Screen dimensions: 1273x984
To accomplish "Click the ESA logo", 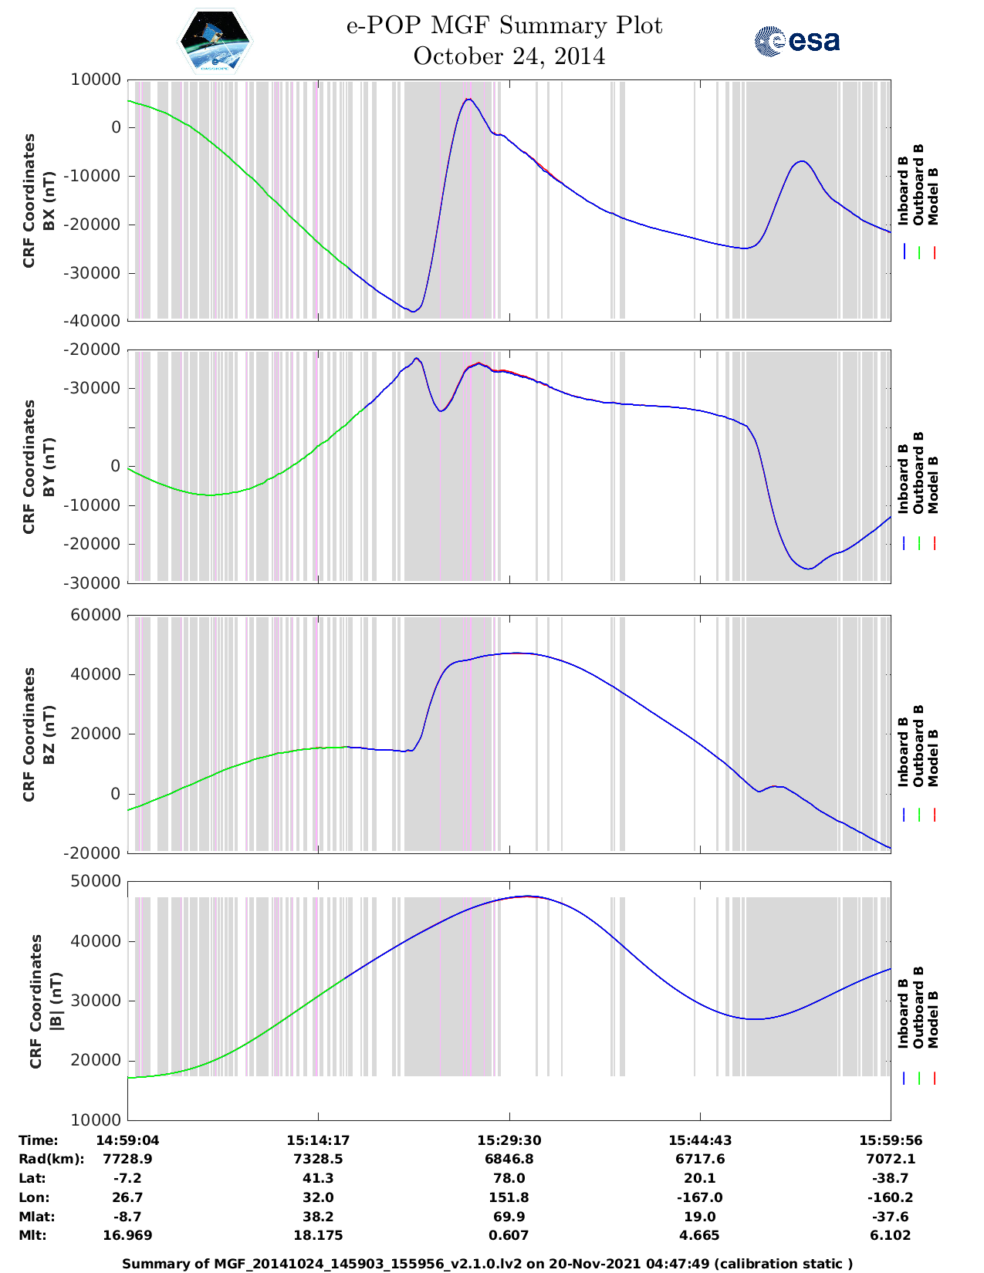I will (796, 41).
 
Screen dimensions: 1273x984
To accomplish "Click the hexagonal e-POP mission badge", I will (215, 41).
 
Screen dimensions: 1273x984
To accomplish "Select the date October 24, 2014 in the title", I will (509, 56).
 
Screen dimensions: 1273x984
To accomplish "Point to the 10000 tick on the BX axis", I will (96, 79).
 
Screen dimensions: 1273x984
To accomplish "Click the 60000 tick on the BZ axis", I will (96, 615).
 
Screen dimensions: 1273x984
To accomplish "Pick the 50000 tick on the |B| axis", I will (96, 881).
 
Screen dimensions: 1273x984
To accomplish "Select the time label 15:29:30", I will (509, 1140).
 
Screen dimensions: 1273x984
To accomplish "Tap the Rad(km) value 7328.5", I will (318, 1159).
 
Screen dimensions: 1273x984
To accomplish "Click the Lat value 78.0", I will (509, 1178).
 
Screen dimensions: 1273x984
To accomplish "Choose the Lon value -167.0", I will (700, 1197).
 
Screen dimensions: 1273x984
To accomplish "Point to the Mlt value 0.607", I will (509, 1235).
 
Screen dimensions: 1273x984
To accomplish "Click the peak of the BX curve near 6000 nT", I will (468, 99).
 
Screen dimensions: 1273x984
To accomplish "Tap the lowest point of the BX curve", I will (414, 311).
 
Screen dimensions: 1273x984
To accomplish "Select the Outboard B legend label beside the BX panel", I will (918, 185).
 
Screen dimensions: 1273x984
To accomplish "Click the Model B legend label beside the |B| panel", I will (933, 1019).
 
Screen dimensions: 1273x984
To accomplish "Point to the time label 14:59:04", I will (127, 1140).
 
